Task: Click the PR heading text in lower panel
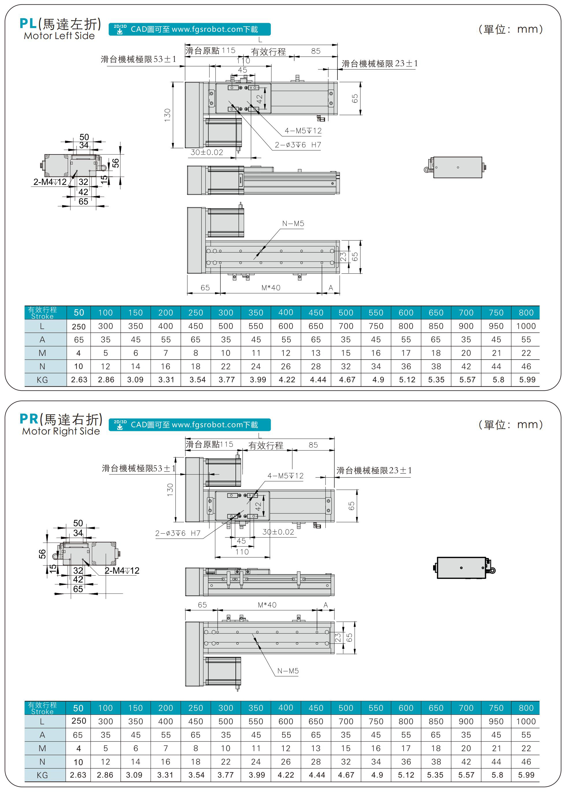[x=61, y=419]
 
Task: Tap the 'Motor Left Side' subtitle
[x=59, y=36]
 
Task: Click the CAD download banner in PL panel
[x=190, y=29]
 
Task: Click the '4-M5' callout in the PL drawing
[x=303, y=131]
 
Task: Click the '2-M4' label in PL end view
[x=50, y=182]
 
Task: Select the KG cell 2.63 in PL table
[x=79, y=380]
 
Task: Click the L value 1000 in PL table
[x=526, y=326]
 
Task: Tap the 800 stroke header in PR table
[x=526, y=708]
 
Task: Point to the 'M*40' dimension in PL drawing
[x=271, y=288]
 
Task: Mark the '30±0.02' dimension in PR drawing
[x=278, y=532]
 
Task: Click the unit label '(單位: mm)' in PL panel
[x=511, y=29]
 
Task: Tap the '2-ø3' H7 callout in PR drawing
[x=177, y=533]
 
